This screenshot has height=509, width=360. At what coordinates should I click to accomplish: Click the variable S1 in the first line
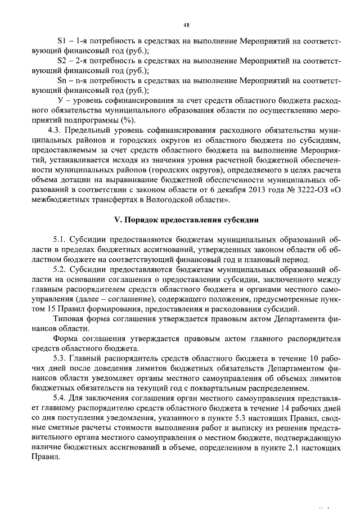coord(62,41)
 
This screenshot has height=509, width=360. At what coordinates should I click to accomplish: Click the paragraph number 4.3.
coord(58,130)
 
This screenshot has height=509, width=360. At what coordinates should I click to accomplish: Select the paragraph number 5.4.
coord(60,398)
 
